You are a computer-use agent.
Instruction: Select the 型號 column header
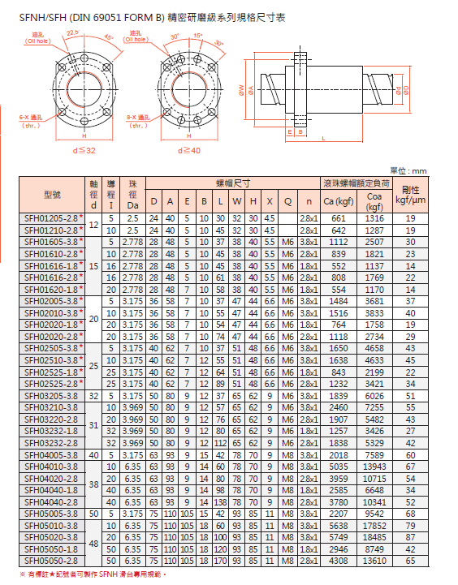(52, 194)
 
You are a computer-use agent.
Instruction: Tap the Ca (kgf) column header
(339, 200)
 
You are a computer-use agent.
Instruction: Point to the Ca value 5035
(339, 467)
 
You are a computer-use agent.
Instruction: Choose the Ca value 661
(339, 218)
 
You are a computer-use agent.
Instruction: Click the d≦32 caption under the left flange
(84, 150)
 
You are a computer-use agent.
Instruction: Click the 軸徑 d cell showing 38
(93, 484)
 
